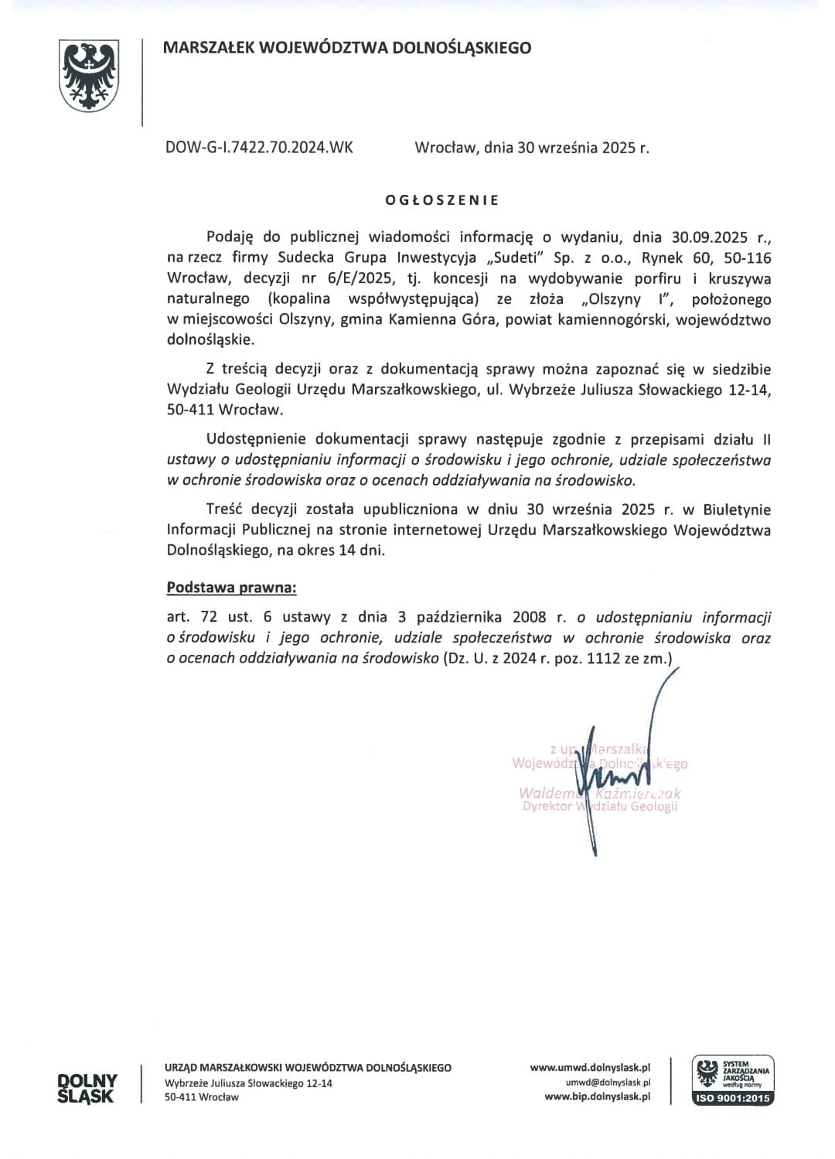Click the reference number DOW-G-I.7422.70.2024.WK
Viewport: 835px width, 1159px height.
pyautogui.click(x=259, y=147)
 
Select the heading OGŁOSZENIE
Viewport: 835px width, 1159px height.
pyautogui.click(x=442, y=199)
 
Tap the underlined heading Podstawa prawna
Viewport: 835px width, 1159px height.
pyautogui.click(x=231, y=588)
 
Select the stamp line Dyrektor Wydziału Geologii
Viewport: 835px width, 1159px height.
pyautogui.click(x=600, y=806)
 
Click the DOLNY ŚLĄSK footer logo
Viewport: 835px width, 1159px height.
pyautogui.click(x=87, y=1088)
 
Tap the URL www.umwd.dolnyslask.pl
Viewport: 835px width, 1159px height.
pyautogui.click(x=590, y=1067)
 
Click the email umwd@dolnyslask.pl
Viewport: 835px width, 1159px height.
pyautogui.click(x=608, y=1082)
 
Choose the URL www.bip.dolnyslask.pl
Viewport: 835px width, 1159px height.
pyautogui.click(x=597, y=1096)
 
